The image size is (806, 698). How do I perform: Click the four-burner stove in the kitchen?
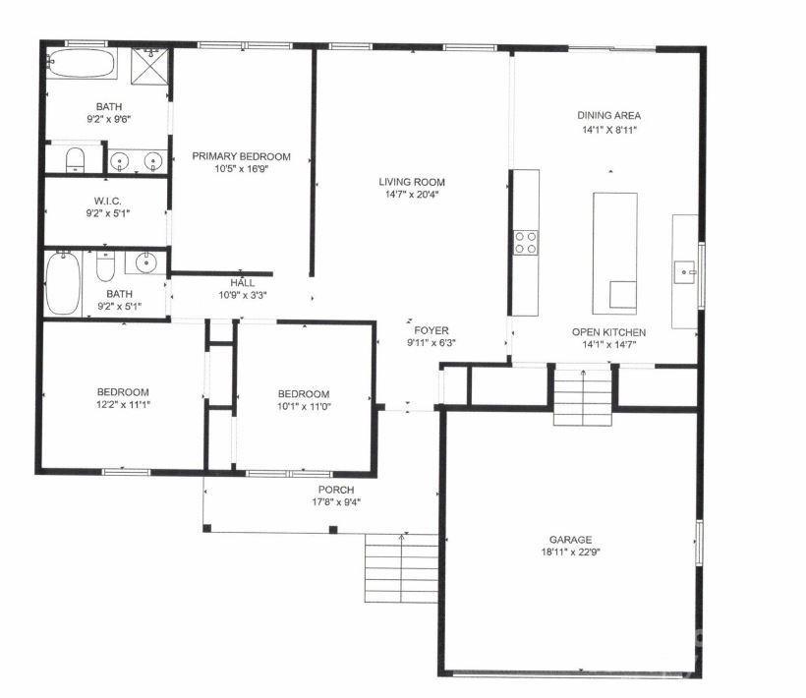pyautogui.click(x=526, y=242)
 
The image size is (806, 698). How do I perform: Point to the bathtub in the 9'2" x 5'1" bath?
pyautogui.click(x=63, y=283)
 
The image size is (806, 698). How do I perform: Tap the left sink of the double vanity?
pyautogui.click(x=121, y=161)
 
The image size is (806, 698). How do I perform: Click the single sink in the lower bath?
pyautogui.click(x=145, y=262)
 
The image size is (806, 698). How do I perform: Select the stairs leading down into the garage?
pyautogui.click(x=582, y=395)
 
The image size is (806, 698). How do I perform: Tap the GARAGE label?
pyautogui.click(x=570, y=540)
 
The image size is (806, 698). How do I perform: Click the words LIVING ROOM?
pyautogui.click(x=412, y=182)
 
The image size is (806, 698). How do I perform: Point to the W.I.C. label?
pyautogui.click(x=109, y=200)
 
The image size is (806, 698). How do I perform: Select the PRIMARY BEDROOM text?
pyautogui.click(x=241, y=156)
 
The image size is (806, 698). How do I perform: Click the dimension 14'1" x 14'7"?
pyautogui.click(x=608, y=345)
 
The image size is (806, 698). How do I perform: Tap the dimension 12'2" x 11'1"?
pyautogui.click(x=123, y=404)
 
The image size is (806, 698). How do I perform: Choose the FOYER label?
pyautogui.click(x=431, y=330)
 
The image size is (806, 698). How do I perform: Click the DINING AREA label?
pyautogui.click(x=608, y=116)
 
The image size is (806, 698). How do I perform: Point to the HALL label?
pyautogui.click(x=242, y=283)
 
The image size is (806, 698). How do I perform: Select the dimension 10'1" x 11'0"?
pyautogui.click(x=303, y=407)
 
